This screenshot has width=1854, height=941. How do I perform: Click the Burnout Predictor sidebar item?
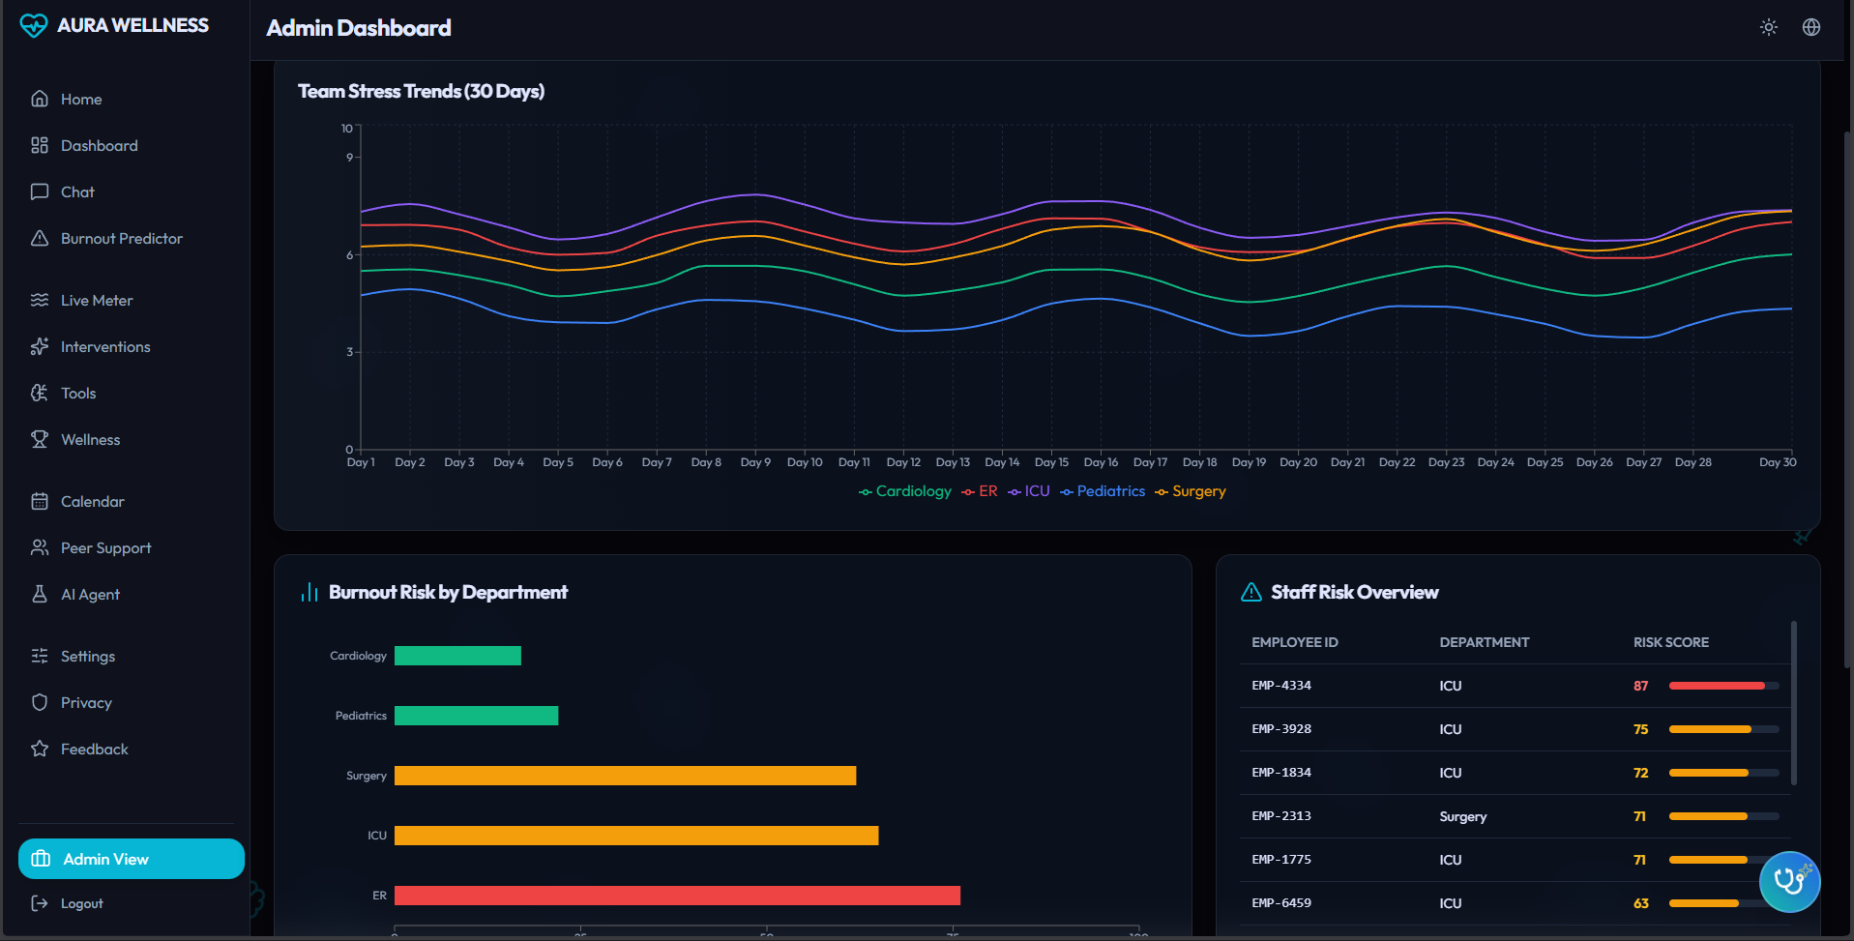[121, 239]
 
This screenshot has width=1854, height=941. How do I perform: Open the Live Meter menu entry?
[97, 301]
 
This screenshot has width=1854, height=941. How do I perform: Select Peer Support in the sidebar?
[105, 548]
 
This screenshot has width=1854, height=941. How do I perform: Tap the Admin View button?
[132, 859]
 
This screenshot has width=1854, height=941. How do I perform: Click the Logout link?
[81, 903]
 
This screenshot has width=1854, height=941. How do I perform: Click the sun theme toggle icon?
[1769, 27]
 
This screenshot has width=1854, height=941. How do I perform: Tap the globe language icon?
[1811, 27]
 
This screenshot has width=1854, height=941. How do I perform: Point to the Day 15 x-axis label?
[1051, 462]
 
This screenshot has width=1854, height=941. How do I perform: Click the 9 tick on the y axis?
[349, 157]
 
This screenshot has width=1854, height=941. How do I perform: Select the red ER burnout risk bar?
[677, 896]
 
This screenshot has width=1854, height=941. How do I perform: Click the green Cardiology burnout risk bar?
[457, 656]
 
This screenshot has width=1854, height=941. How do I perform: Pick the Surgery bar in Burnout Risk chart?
[625, 776]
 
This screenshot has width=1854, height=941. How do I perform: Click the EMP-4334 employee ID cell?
[1281, 686]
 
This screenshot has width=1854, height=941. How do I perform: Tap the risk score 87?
[1640, 686]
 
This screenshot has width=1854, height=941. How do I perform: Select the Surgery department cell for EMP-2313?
[1462, 816]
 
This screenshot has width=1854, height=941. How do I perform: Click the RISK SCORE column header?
[1670, 642]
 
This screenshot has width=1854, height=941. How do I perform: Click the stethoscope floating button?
[1789, 881]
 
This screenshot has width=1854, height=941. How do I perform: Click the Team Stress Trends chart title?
[421, 91]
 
